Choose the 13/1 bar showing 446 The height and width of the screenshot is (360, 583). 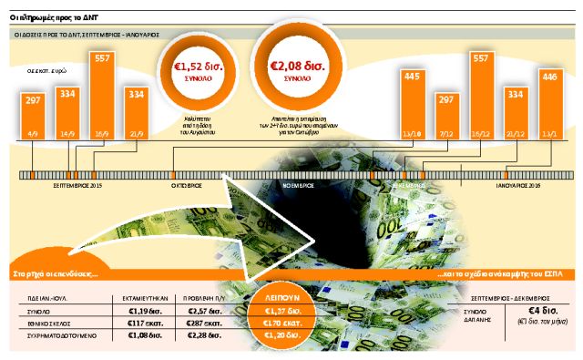pyautogui.click(x=550, y=109)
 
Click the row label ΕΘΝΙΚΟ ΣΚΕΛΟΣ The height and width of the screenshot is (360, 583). pyautogui.click(x=51, y=323)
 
